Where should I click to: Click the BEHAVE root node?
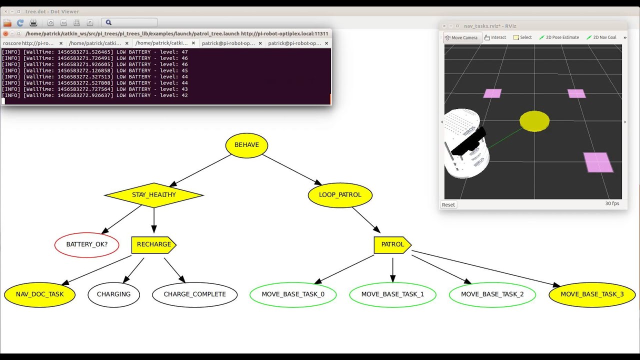click(246, 145)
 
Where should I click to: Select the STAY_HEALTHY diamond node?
click(153, 195)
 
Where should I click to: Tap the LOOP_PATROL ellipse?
click(340, 195)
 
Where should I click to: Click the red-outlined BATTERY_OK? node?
click(87, 244)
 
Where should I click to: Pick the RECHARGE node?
click(153, 244)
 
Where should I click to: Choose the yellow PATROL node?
click(392, 244)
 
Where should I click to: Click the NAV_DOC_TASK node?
click(39, 294)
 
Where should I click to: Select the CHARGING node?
click(113, 294)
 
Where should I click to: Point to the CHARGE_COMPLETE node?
click(194, 294)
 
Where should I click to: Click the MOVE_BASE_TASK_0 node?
click(293, 294)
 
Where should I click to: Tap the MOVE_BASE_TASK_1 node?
click(392, 294)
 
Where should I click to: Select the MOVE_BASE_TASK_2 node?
click(492, 294)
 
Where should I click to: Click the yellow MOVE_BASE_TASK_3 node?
click(592, 294)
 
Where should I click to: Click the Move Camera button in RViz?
click(462, 37)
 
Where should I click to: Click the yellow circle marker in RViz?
click(534, 121)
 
